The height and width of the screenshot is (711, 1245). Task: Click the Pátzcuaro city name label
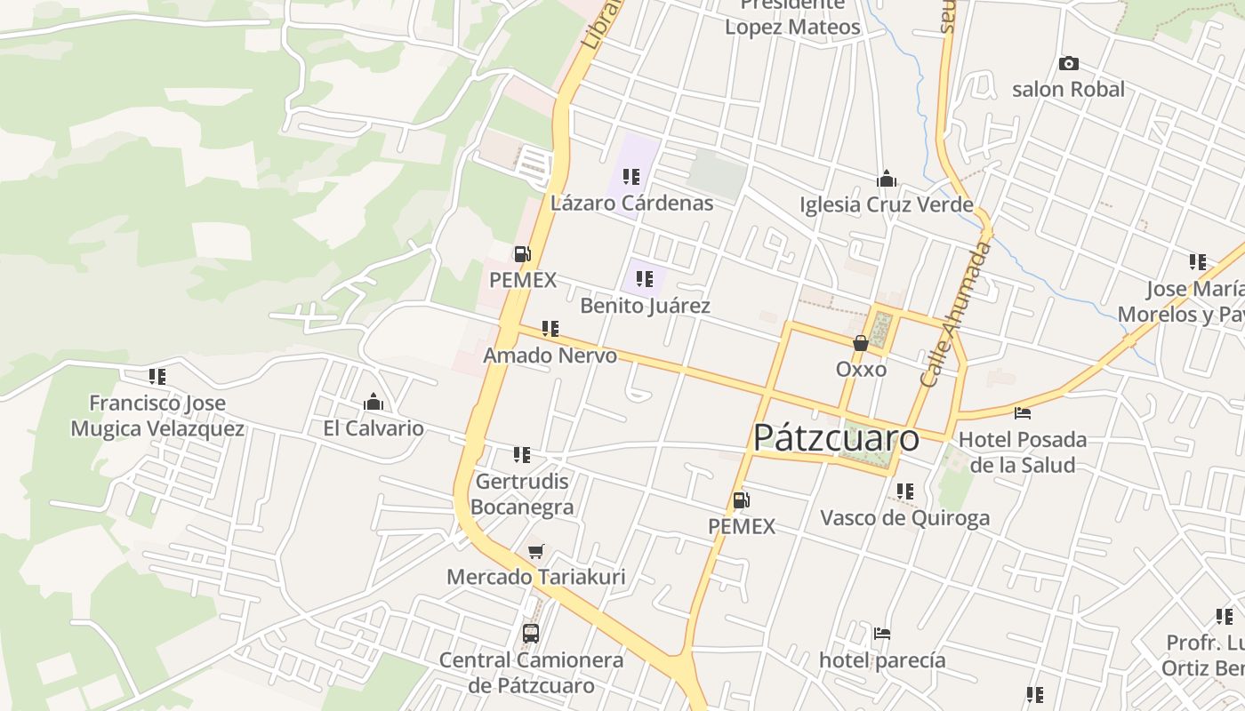[836, 438]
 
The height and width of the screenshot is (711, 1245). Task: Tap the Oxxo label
[861, 368]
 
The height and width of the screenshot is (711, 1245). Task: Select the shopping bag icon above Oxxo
[861, 343]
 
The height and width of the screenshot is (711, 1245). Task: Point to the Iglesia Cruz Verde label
[886, 205]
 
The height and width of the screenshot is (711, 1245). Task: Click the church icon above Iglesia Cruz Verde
[886, 180]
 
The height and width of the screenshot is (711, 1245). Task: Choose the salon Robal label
[1068, 89]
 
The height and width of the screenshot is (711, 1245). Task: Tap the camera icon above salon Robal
[1069, 64]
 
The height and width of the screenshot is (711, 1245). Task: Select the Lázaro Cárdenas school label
[631, 203]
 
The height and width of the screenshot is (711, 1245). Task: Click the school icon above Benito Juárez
[645, 279]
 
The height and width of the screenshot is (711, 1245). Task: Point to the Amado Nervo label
[550, 355]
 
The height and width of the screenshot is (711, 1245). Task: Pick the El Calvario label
[373, 428]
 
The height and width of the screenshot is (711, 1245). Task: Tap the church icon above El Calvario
[373, 403]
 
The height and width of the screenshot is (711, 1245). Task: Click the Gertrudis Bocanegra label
[522, 494]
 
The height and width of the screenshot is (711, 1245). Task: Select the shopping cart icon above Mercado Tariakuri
[535, 552]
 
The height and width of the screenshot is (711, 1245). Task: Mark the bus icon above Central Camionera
[531, 634]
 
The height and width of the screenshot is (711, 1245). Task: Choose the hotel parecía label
[882, 660]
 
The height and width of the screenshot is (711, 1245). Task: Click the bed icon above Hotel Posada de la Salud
[1023, 413]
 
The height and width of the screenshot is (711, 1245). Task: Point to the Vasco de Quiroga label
[904, 518]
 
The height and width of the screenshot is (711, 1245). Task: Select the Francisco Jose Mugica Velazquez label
[157, 416]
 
